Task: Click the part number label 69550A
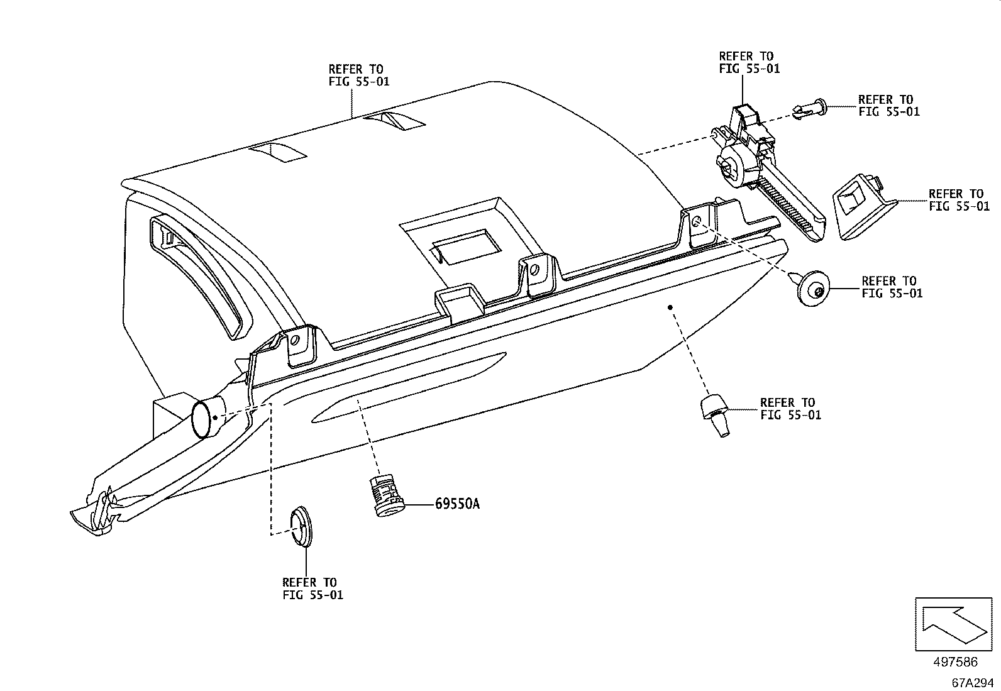click(x=456, y=504)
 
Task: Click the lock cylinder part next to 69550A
click(x=385, y=497)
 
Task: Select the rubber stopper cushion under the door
click(x=714, y=414)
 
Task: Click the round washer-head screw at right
click(x=812, y=288)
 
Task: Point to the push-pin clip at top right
click(x=810, y=109)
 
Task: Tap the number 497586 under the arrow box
click(x=955, y=662)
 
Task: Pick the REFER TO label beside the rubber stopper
click(x=790, y=409)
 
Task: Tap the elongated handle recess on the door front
click(x=409, y=390)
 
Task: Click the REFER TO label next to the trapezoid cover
click(x=958, y=200)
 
